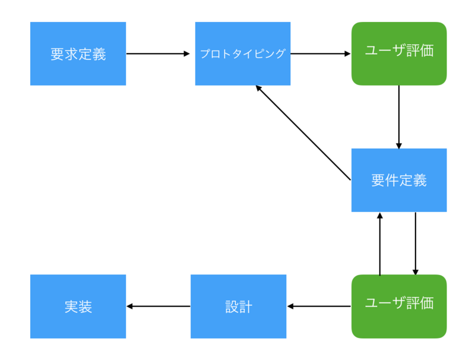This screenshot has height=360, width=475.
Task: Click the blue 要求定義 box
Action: click(78, 53)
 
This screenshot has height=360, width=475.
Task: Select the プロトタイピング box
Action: click(243, 53)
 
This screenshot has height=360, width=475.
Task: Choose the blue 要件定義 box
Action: click(399, 180)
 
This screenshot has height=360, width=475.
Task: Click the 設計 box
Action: click(238, 307)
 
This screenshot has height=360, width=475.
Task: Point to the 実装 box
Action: click(78, 307)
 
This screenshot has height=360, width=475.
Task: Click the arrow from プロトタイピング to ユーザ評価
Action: click(321, 53)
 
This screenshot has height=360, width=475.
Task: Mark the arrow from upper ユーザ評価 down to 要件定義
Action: click(399, 116)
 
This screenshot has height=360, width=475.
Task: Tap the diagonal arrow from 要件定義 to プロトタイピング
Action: click(303, 132)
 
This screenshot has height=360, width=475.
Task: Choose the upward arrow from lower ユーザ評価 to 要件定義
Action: click(380, 244)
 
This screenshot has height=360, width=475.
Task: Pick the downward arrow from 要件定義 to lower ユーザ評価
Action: click(415, 244)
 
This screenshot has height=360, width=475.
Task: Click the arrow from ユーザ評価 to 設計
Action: click(319, 307)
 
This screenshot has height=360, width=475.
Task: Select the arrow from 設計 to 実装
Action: click(158, 307)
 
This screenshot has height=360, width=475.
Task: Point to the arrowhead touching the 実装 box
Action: click(129, 307)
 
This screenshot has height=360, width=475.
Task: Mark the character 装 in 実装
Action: click(85, 307)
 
